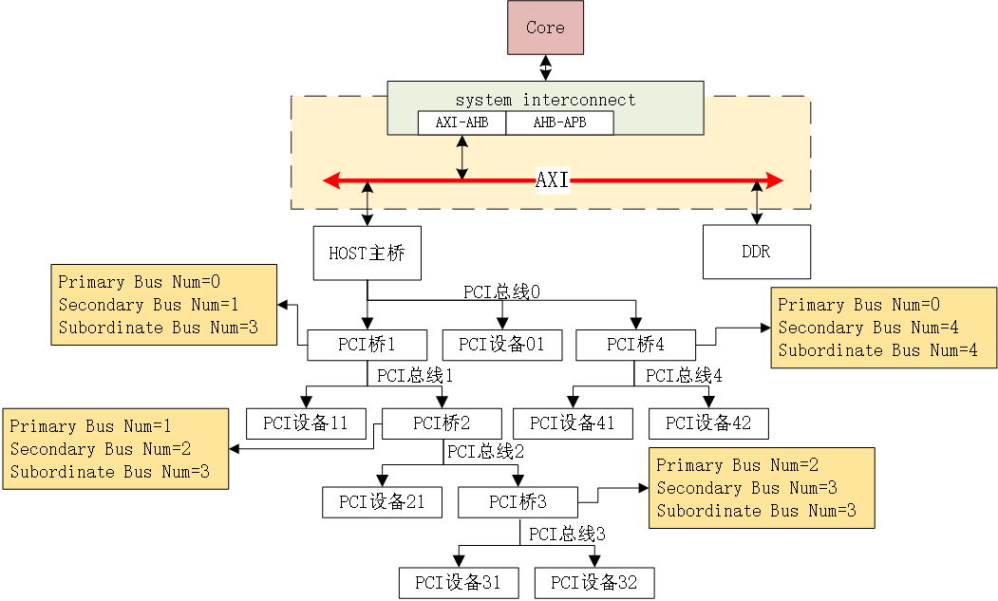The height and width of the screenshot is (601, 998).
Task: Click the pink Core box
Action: [x=545, y=28]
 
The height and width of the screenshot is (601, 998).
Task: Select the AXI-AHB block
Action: [x=461, y=123]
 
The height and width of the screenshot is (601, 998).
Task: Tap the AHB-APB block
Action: [x=559, y=123]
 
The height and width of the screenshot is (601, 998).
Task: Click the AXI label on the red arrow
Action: [x=552, y=180]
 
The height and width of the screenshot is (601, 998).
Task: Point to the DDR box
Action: [x=756, y=253]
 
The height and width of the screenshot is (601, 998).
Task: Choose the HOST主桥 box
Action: [x=367, y=254]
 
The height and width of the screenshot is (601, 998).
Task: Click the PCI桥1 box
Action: [x=367, y=344]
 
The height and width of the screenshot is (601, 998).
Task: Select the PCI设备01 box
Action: [x=502, y=344]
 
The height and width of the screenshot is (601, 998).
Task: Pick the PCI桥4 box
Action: [x=635, y=344]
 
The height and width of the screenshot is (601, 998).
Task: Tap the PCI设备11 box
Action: [x=306, y=423]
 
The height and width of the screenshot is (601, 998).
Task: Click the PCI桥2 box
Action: [x=442, y=423]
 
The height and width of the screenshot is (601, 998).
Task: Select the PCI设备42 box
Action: [x=708, y=423]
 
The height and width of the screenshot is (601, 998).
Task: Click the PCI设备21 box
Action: [x=382, y=502]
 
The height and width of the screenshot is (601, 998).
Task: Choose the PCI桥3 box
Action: [x=518, y=502]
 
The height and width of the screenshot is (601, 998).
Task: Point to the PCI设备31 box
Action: [x=459, y=582]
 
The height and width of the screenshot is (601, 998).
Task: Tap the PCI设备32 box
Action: [x=594, y=582]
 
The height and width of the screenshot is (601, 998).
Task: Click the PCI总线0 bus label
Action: [x=501, y=291]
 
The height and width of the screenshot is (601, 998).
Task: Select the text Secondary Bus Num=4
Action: [x=868, y=328]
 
